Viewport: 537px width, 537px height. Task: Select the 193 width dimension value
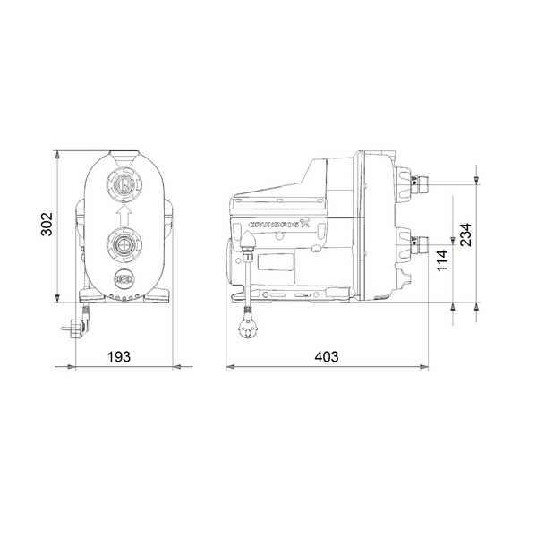pos(119,356)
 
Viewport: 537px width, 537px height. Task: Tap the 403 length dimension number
pos(328,356)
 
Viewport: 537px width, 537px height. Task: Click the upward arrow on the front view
pos(124,213)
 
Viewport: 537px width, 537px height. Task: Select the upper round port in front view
pos(124,184)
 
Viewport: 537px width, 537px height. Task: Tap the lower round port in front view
pos(124,242)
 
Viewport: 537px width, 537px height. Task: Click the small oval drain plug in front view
pos(124,278)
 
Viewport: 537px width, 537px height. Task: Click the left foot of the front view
pos(90,294)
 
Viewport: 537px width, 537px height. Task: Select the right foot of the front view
pos(158,294)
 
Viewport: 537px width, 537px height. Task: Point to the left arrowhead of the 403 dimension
pos(230,366)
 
